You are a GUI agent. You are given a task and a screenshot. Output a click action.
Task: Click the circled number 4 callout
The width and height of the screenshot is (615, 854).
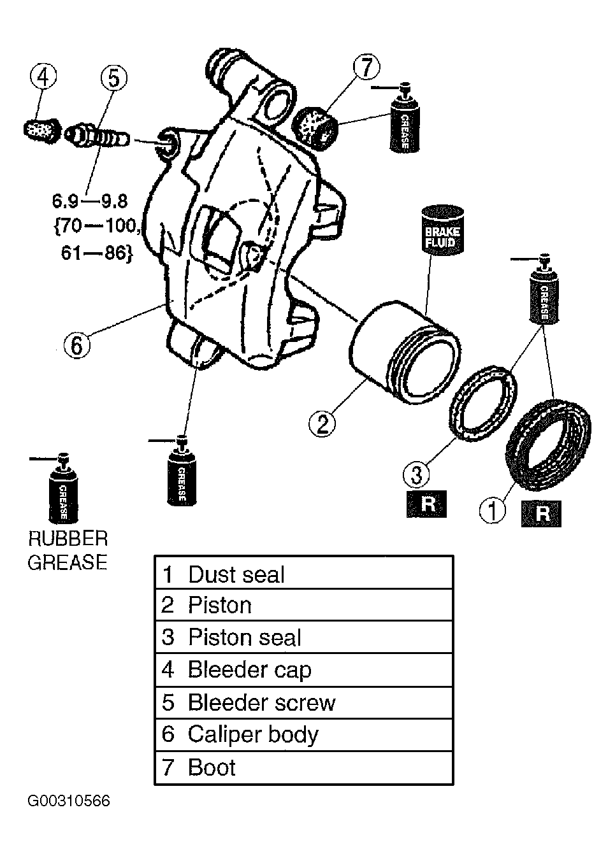[x=43, y=78]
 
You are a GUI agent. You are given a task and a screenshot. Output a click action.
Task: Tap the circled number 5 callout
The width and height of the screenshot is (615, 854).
[x=114, y=78]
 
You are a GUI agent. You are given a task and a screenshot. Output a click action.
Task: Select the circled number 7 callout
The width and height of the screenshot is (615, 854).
[x=366, y=67]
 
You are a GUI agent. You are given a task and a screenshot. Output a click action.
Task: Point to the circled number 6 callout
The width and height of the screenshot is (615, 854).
[x=77, y=345]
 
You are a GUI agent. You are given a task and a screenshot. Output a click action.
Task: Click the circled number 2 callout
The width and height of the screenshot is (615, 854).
[x=322, y=423]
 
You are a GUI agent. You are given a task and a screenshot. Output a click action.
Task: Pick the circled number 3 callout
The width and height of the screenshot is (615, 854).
[x=417, y=474]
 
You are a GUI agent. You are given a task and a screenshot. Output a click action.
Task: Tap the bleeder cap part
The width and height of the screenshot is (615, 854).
[x=42, y=131]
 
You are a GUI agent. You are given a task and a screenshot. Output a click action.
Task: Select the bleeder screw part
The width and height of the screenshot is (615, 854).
[x=97, y=136]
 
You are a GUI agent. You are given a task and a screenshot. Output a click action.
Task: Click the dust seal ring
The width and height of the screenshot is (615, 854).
[x=549, y=445]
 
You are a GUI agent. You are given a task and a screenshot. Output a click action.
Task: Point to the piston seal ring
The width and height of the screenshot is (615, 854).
[x=483, y=404]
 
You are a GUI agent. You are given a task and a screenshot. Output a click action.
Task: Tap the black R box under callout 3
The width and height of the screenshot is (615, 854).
[x=426, y=504]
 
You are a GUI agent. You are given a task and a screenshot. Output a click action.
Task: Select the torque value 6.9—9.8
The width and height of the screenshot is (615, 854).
[x=90, y=201]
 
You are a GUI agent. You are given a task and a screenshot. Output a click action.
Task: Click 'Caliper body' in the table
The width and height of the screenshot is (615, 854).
[x=253, y=735]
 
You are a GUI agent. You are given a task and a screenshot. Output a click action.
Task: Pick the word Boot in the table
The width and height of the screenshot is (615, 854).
[x=212, y=767]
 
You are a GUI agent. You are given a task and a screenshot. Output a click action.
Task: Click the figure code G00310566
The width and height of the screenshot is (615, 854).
[x=69, y=801]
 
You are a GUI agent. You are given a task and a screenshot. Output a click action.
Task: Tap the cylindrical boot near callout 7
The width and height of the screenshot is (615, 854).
[x=315, y=128]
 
